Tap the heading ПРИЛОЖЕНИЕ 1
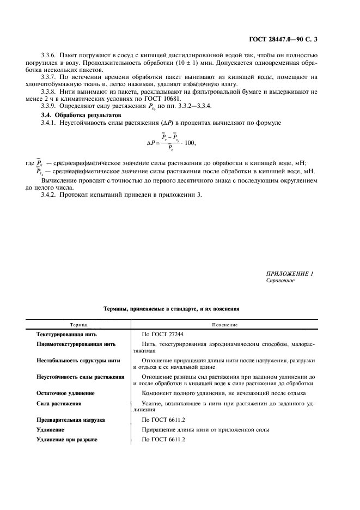click(x=290, y=274)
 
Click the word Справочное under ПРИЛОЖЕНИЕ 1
click(x=280, y=281)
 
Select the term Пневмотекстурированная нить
click(x=76, y=345)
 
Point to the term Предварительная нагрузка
click(x=71, y=420)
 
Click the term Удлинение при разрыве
click(x=66, y=440)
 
